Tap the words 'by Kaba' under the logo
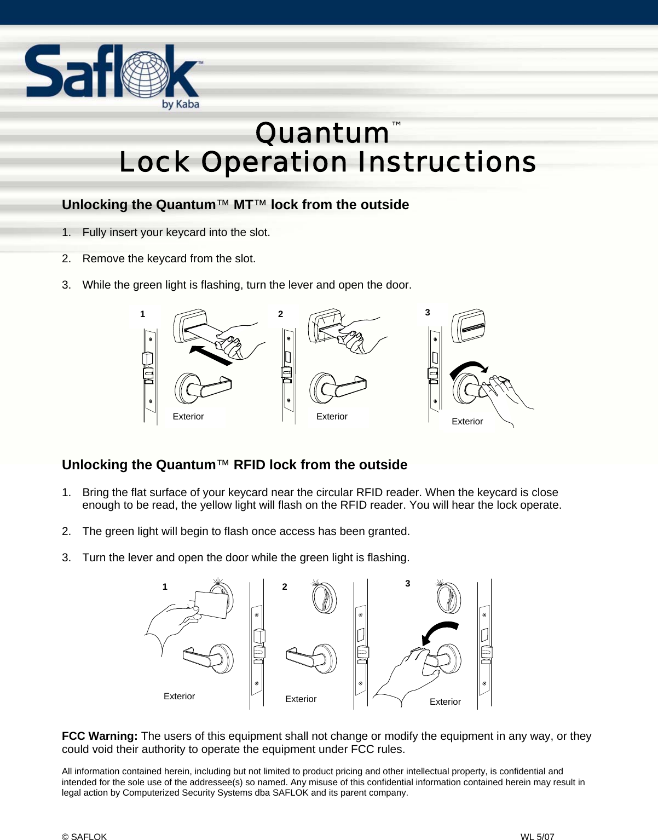(x=180, y=104)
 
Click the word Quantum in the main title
(x=322, y=134)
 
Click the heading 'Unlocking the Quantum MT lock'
(x=235, y=205)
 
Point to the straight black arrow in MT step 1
(x=211, y=355)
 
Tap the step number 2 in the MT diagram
(x=281, y=314)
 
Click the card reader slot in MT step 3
(x=469, y=326)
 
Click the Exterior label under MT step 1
(x=188, y=417)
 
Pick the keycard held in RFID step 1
(x=211, y=604)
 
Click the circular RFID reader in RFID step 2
(x=324, y=599)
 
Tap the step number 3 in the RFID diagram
(x=407, y=584)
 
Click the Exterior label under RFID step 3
(x=445, y=702)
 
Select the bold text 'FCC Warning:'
(x=100, y=737)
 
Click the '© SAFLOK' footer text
(x=84, y=836)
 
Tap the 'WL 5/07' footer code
(x=537, y=836)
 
